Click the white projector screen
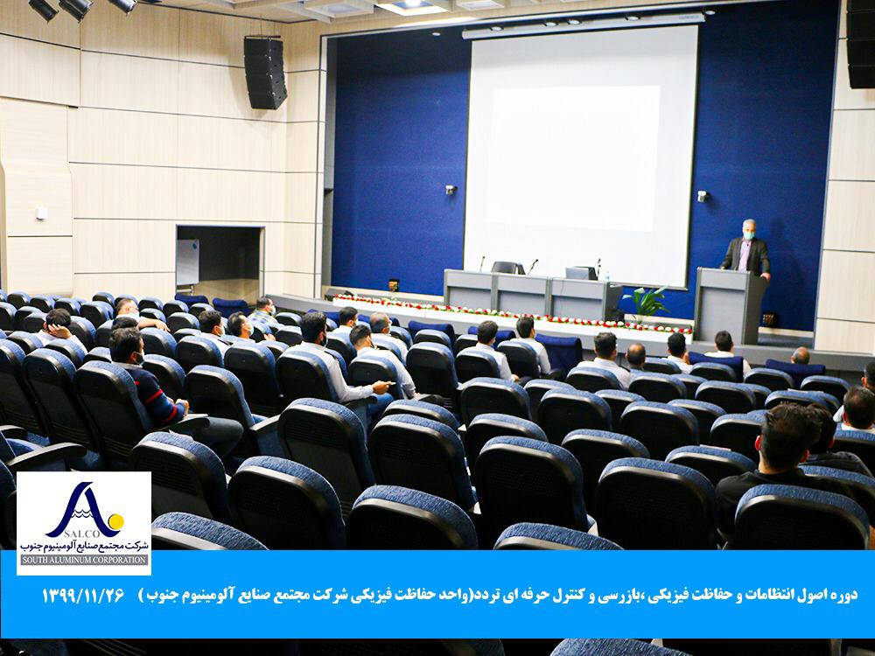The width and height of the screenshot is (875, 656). pos(580,157)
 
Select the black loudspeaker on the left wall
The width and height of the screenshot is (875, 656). pos(265,73)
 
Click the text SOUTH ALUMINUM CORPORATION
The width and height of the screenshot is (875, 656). pos(84,560)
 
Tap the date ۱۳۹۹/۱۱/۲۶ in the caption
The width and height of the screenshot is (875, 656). pos(82,596)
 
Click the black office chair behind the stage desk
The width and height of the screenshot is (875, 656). pos(507,268)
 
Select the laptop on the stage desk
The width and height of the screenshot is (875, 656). pos(580,273)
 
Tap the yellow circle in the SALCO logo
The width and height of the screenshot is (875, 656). pos(116,522)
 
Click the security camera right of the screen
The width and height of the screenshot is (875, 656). pos(702,196)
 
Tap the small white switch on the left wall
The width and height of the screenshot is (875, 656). pos(41,213)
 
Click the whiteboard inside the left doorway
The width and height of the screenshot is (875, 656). pos(187,262)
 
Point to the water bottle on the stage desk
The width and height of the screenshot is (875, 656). pos(606,275)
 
